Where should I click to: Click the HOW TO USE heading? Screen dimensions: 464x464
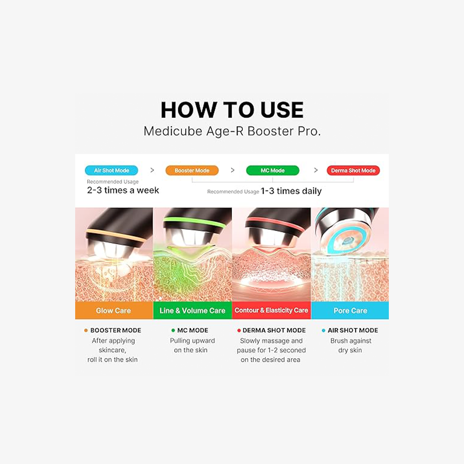(232, 110)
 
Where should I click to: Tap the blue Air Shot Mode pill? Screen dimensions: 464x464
(111, 170)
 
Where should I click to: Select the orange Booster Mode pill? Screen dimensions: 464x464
(192, 170)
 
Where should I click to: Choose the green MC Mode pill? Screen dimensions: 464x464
(272, 170)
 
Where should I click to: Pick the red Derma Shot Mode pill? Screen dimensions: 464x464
(353, 170)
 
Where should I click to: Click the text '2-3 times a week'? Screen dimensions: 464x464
(123, 190)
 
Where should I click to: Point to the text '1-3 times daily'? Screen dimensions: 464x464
(291, 191)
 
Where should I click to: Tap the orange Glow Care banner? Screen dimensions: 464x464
(114, 310)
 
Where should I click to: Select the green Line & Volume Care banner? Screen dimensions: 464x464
(193, 310)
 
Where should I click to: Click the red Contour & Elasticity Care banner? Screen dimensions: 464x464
(271, 310)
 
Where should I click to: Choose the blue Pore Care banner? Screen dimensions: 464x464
(350, 310)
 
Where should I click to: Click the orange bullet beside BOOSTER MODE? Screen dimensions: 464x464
(86, 330)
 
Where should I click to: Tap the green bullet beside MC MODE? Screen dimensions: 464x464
(173, 330)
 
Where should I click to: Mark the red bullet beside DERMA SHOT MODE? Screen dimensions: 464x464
(239, 330)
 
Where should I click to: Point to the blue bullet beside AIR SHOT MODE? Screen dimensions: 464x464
(323, 330)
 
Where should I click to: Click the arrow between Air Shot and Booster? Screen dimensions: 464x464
(152, 170)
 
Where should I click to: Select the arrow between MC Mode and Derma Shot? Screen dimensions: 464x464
(316, 170)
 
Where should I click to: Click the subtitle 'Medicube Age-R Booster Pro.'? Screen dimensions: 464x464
(232, 131)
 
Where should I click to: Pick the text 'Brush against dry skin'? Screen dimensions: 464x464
(351, 345)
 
